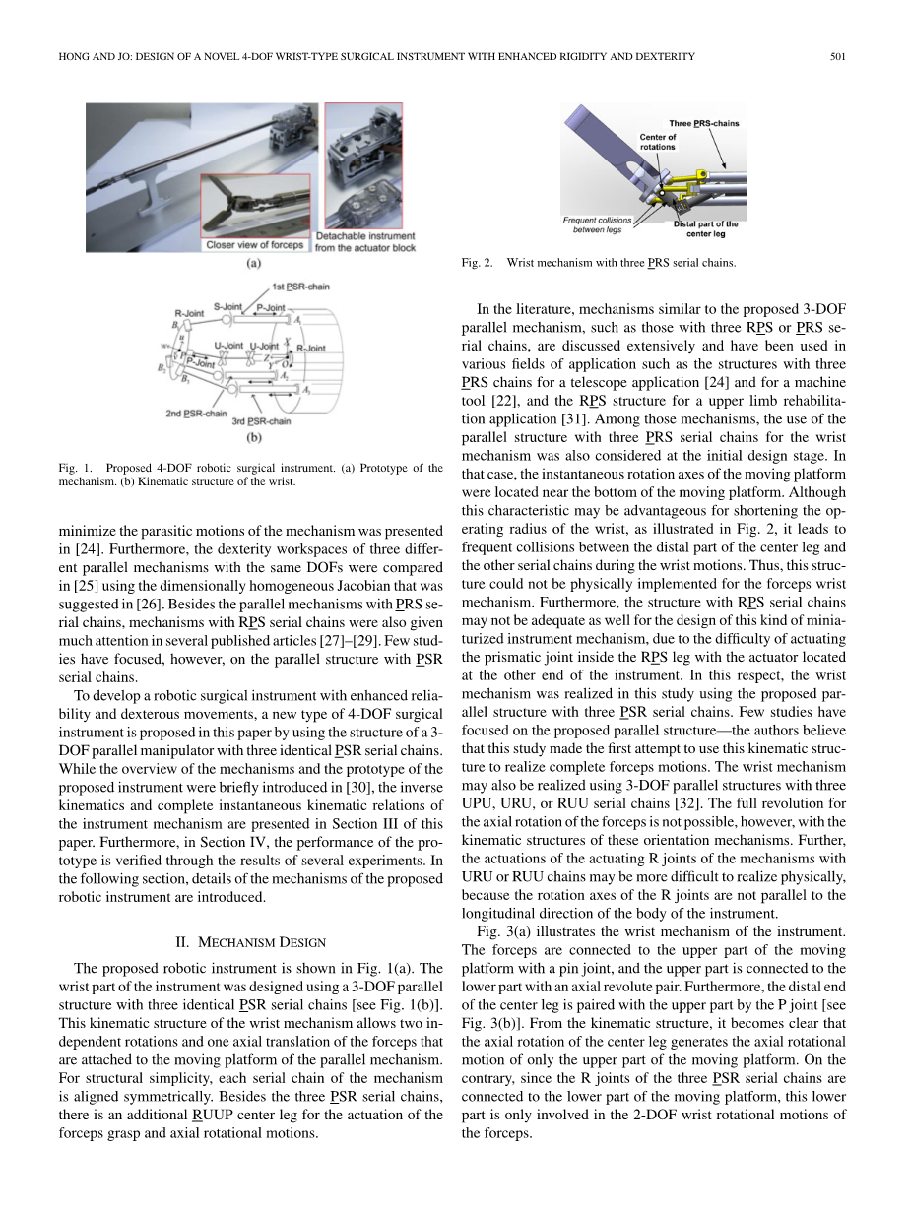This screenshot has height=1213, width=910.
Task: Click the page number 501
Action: pos(839,56)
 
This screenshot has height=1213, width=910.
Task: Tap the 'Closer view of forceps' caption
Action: pos(254,244)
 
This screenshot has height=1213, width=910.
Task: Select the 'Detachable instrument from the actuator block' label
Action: pos(365,241)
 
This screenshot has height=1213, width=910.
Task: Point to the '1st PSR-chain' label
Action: pos(300,287)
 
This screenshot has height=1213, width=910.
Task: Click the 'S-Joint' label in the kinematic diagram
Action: pos(227,307)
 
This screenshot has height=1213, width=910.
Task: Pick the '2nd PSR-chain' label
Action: pos(196,413)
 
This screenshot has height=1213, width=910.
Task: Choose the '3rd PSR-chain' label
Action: pos(261,421)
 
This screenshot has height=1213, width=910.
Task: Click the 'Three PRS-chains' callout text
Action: pos(704,123)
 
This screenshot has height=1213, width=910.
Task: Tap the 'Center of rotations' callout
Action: pos(658,142)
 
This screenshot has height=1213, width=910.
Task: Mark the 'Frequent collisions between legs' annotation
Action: pos(598,224)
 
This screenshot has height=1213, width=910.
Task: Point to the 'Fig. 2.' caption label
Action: pos(477,263)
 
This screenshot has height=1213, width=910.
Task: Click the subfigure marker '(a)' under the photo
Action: pos(252,265)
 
